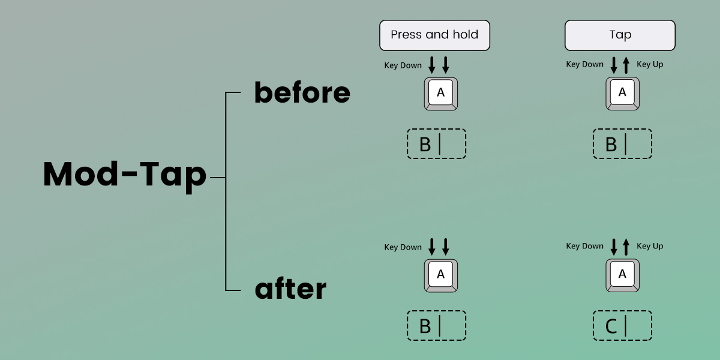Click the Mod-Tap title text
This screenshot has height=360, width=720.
(125, 175)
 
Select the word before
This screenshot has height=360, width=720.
(302, 93)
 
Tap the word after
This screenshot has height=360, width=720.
(290, 290)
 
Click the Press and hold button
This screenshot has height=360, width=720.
(434, 35)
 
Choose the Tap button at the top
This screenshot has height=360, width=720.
(620, 35)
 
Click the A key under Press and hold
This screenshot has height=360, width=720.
(441, 94)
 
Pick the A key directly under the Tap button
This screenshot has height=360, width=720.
(622, 94)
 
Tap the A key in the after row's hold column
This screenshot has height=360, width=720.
(441, 275)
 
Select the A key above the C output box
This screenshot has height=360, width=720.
(622, 275)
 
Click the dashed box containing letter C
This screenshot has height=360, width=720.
(622, 326)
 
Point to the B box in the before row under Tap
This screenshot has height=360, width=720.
(622, 144)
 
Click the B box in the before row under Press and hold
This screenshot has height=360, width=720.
(436, 144)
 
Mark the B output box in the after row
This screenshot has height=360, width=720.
(436, 326)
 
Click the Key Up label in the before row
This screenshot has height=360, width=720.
(650, 64)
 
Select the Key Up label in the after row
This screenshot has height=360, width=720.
(650, 246)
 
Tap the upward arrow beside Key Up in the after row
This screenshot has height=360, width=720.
(626, 246)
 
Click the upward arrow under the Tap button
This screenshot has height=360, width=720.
(626, 65)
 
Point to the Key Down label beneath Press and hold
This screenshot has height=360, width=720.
(403, 65)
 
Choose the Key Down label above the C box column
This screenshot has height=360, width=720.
(584, 246)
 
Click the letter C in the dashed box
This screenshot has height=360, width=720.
(611, 326)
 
